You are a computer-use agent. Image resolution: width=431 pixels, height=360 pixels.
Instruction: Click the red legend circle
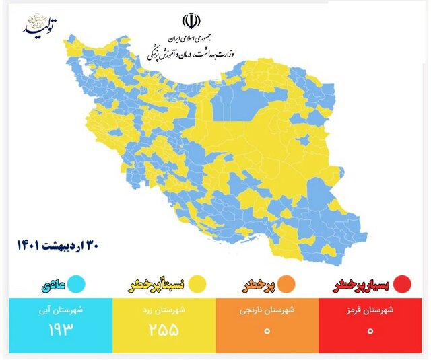(403, 284)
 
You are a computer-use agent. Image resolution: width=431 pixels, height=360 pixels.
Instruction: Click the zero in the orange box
(267, 330)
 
